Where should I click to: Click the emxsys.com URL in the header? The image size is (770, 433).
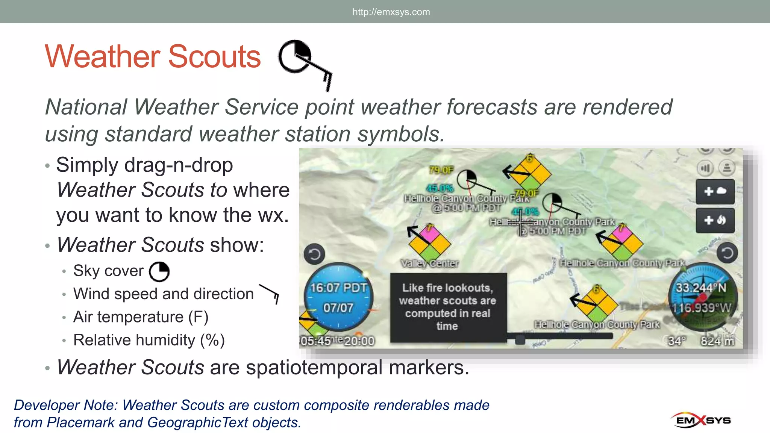coord(391,12)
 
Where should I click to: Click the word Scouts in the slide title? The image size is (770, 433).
coord(214,57)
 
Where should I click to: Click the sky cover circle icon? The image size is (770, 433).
coord(159,272)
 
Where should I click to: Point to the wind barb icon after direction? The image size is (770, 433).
coord(269,294)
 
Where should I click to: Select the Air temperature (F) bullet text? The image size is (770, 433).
coord(141,317)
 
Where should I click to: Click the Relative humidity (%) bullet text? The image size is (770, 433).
coord(149,340)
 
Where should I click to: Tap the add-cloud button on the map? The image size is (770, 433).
coord(715,191)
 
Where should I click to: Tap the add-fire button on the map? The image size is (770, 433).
coord(715,220)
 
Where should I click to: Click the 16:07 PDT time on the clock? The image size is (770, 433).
coord(338,288)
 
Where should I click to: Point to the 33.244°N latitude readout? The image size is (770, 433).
coord(701,288)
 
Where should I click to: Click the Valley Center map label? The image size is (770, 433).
coord(429,263)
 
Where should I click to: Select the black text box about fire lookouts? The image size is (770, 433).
coord(448,307)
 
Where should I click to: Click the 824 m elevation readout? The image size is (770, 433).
coord(717,341)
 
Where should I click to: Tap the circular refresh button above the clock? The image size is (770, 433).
coord(314,254)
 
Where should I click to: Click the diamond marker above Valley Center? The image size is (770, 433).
coord(430,242)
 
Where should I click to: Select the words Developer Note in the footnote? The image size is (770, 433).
coord(66,405)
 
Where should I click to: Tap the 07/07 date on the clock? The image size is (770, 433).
coord(338,308)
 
